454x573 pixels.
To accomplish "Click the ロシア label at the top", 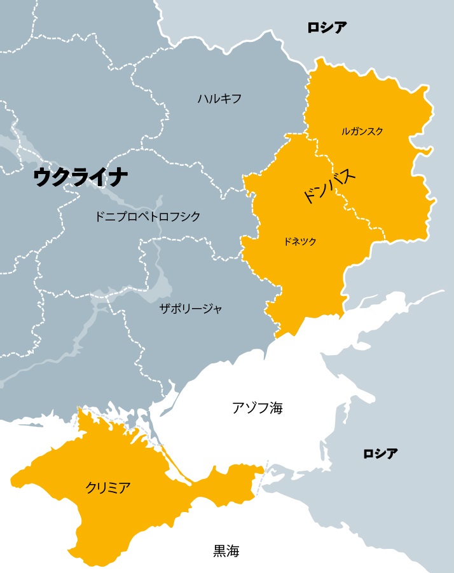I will [327, 27].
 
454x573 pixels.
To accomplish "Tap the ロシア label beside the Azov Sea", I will [380, 454].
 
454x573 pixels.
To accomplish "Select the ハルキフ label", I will [219, 98].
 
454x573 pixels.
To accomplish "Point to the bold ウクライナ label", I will [81, 177].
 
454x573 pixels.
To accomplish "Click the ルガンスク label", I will [362, 131].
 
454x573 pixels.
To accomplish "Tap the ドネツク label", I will [300, 241].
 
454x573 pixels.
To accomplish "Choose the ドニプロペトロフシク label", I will [147, 217].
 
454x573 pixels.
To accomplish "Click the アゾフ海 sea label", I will [257, 408].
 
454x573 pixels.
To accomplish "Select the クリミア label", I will [108, 488].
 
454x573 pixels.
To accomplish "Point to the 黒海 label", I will [226, 551].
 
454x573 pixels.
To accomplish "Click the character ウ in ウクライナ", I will [44, 177].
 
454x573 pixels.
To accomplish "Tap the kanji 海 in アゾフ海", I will [275, 408].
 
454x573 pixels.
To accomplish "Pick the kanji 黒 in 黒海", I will [219, 551].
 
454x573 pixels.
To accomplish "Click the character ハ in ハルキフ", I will [203, 98].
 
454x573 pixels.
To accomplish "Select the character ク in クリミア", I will [91, 488].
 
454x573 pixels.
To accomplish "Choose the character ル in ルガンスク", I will [345, 131].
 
